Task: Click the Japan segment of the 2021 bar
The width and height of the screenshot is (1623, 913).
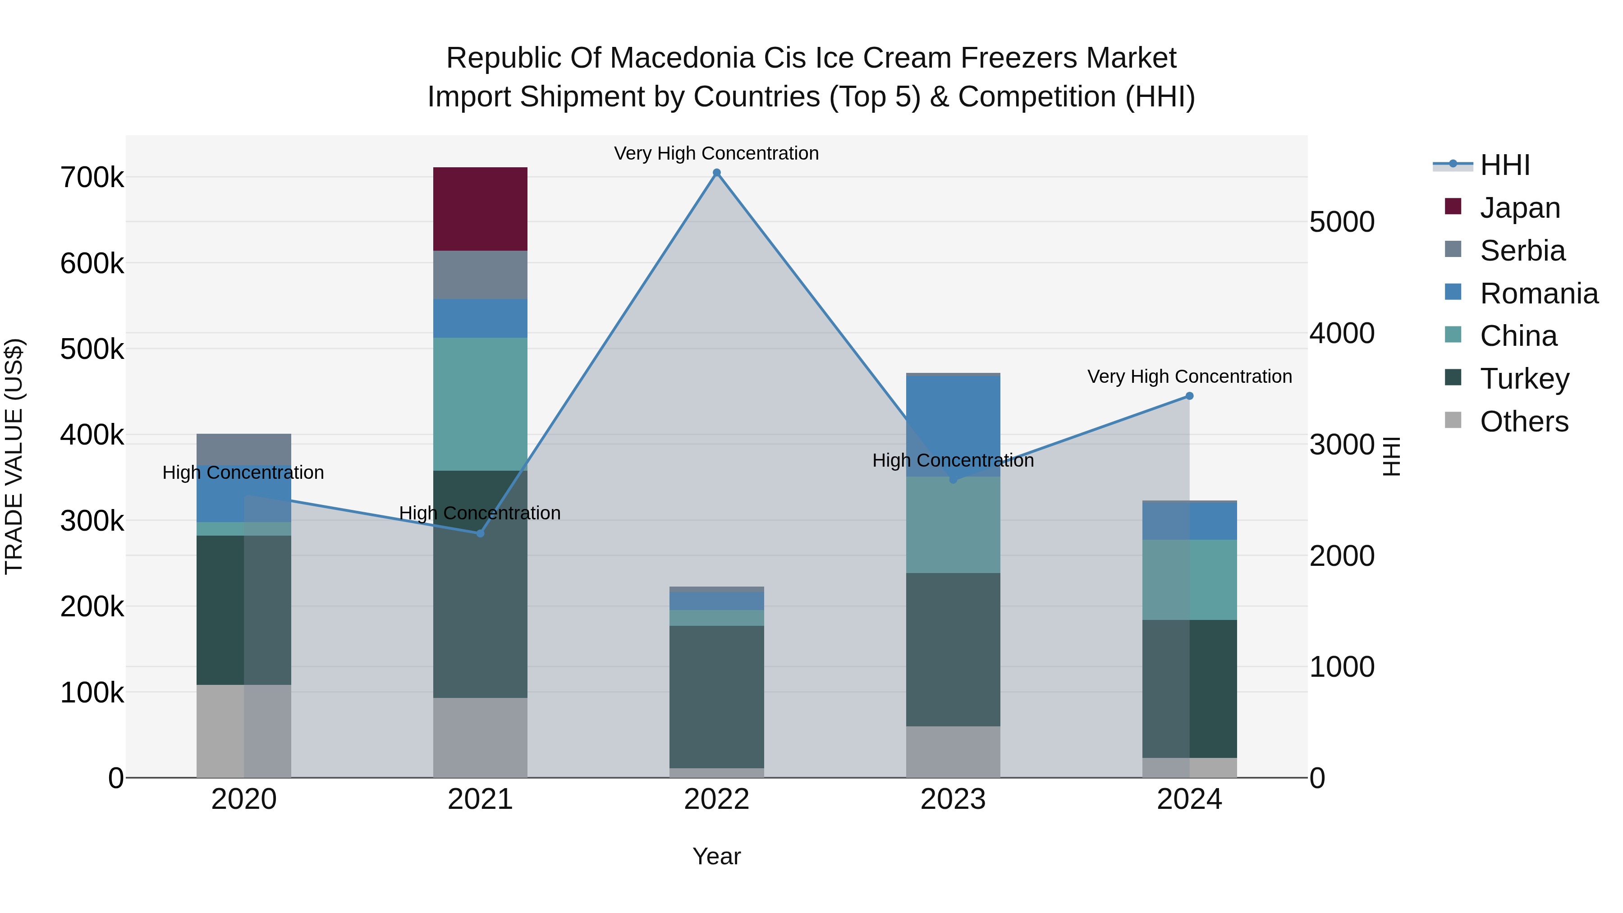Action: pos(480,209)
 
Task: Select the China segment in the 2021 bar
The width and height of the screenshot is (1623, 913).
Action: pos(480,403)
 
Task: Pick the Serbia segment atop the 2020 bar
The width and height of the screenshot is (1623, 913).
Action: pos(244,449)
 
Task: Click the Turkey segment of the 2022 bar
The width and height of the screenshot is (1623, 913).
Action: pos(716,696)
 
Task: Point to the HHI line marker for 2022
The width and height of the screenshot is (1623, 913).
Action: pos(716,173)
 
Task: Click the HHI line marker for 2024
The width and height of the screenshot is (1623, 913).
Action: pos(1189,396)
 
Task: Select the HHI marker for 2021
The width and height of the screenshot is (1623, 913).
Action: pos(480,533)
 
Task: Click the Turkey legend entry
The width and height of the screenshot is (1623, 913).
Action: pos(1524,378)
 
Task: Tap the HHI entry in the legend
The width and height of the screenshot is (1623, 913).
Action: pos(1504,165)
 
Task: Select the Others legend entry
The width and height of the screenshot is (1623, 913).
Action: pos(1523,421)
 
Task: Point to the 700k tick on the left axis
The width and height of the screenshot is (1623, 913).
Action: pos(92,178)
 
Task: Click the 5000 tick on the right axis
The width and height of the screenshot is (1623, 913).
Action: pos(1342,222)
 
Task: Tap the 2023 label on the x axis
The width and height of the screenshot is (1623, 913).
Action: pos(953,799)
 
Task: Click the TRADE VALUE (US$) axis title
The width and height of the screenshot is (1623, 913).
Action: pos(14,456)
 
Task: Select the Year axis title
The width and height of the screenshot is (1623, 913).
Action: pos(716,856)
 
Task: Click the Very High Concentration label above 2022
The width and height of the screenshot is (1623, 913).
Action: pos(716,153)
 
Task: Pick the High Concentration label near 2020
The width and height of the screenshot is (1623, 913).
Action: pos(243,472)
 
